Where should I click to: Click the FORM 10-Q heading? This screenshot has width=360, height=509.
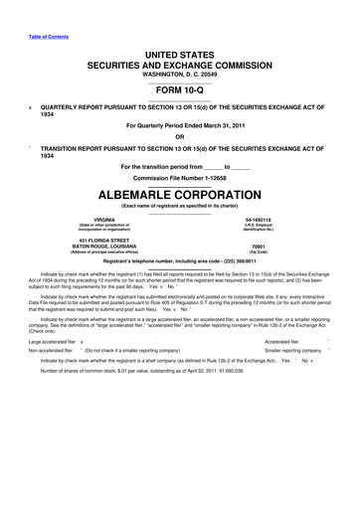pyautogui.click(x=179, y=84)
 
